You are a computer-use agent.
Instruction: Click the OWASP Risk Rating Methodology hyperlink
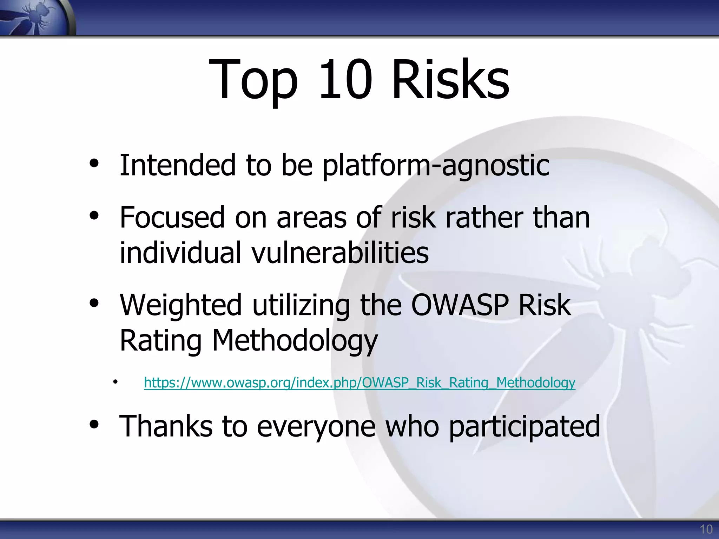click(x=359, y=382)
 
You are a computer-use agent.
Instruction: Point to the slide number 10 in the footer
click(x=706, y=529)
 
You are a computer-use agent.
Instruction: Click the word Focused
click(x=172, y=218)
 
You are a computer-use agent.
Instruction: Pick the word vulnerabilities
click(x=340, y=253)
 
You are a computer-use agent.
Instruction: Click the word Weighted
click(x=181, y=305)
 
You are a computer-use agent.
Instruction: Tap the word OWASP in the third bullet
click(x=460, y=305)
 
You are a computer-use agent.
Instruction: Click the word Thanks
click(x=166, y=426)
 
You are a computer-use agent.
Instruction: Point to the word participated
click(x=525, y=427)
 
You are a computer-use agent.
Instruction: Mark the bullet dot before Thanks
click(x=94, y=425)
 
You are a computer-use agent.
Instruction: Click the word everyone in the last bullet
click(x=316, y=427)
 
